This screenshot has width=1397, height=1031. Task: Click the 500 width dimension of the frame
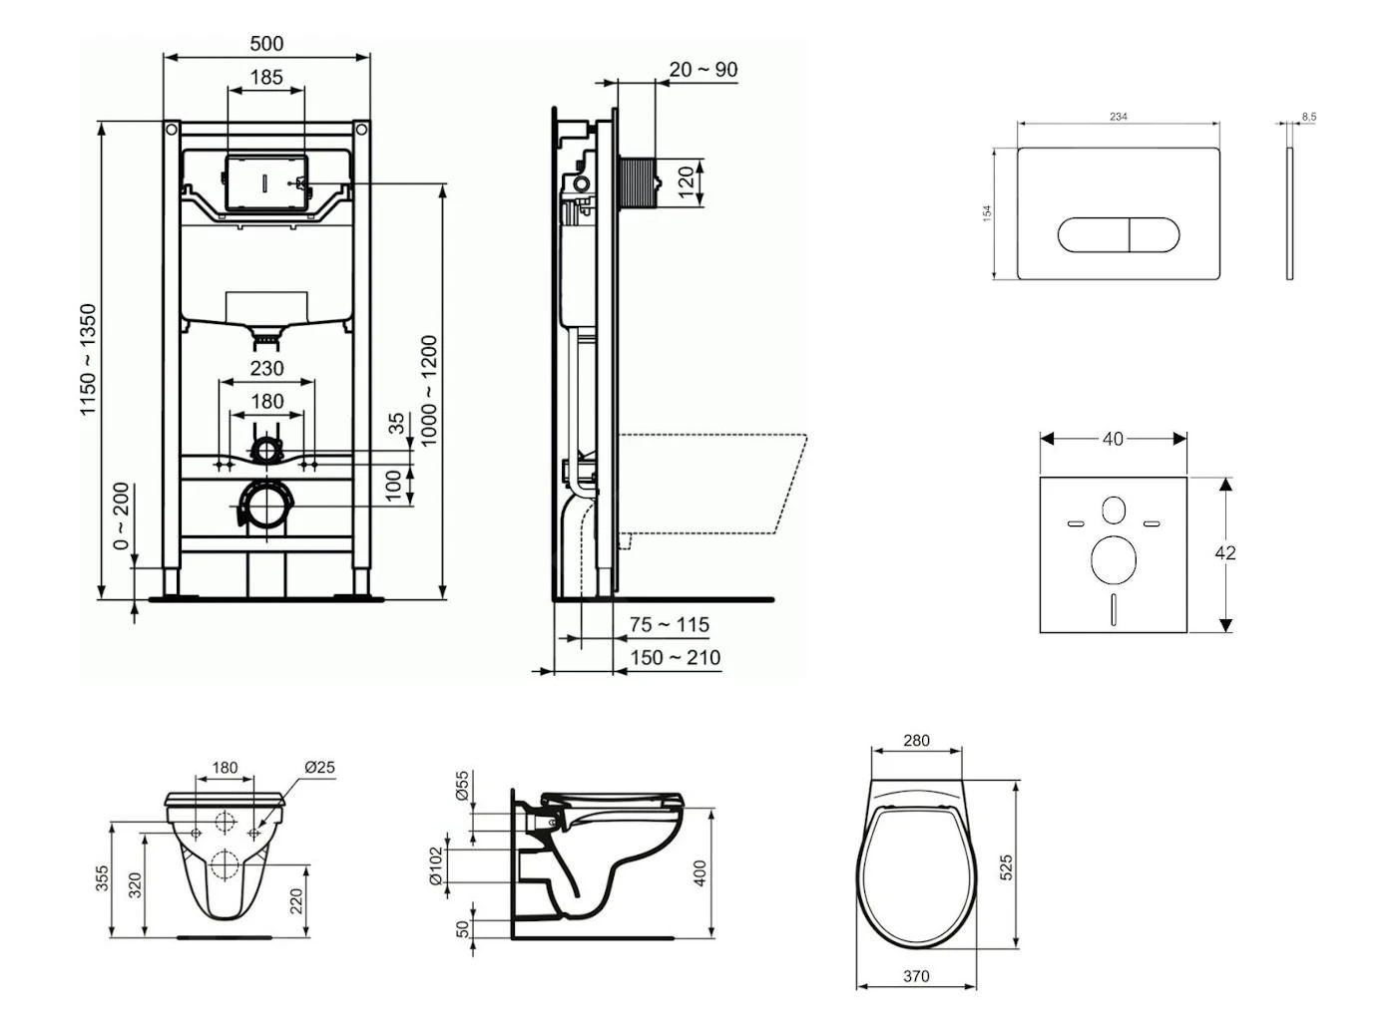coord(266,43)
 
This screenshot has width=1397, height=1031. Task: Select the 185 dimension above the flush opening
coord(266,76)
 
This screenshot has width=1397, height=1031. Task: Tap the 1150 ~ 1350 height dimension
coord(90,360)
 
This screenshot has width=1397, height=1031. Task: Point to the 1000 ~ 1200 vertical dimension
coord(429,391)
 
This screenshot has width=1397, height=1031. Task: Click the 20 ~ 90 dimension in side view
coord(703,69)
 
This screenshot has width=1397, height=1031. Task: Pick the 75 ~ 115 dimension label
coord(670,624)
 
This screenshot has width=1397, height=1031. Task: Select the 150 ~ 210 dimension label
coord(675,657)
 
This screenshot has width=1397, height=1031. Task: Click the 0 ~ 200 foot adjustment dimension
coord(122,516)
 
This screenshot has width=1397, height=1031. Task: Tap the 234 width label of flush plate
coord(1119,117)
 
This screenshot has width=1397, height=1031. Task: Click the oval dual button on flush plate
coord(1119,235)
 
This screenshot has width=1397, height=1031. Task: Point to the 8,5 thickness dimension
coord(1308,117)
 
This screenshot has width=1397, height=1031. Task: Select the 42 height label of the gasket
coord(1226,552)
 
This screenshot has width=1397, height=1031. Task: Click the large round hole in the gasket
coord(1113,560)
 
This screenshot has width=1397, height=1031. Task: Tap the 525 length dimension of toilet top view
coord(1007,865)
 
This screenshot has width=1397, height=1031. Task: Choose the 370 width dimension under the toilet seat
coord(916,976)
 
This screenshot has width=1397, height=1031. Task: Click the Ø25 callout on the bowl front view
coord(319,767)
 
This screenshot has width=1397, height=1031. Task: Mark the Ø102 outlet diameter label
coord(435,865)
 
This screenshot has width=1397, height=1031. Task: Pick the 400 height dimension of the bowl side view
coord(699,873)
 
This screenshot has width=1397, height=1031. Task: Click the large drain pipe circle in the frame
coord(265,507)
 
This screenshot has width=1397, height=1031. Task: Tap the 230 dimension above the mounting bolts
coord(266,368)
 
